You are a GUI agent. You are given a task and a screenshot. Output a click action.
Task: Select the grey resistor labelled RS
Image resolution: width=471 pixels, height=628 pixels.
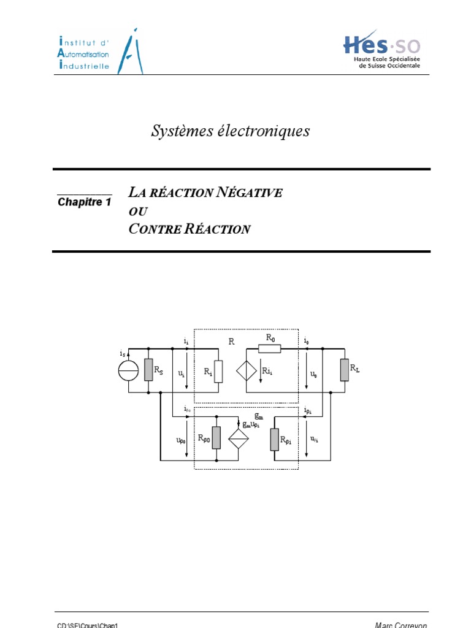point(148,370)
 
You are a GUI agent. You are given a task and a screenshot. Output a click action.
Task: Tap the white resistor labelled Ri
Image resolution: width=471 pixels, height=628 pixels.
point(218,371)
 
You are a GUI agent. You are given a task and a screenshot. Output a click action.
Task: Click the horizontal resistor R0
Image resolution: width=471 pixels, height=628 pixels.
point(269,348)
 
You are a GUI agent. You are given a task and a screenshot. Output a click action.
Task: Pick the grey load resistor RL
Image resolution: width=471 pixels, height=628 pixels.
point(345,370)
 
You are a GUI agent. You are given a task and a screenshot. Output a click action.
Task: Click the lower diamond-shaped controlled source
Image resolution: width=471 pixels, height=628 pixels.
point(239,437)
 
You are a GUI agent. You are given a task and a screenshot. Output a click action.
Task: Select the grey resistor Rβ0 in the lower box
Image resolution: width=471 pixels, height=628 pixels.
point(216,437)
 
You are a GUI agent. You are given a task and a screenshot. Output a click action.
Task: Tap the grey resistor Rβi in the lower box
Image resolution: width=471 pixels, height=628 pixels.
point(274,438)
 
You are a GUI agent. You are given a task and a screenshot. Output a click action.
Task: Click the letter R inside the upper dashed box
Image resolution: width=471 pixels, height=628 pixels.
point(231,342)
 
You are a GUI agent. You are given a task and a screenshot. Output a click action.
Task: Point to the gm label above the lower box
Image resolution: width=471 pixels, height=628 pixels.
point(259,415)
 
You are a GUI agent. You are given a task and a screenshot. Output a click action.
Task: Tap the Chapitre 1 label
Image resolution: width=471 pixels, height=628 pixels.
point(84,201)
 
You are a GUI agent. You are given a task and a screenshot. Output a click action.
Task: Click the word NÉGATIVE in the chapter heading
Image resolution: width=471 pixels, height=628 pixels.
point(250,193)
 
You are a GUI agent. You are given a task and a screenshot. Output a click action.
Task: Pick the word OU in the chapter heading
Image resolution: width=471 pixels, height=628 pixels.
point(139,211)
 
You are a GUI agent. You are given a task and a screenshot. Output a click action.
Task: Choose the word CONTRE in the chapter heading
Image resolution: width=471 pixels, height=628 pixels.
point(155,229)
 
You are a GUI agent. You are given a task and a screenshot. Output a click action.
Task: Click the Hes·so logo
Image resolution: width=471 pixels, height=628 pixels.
point(380,49)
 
